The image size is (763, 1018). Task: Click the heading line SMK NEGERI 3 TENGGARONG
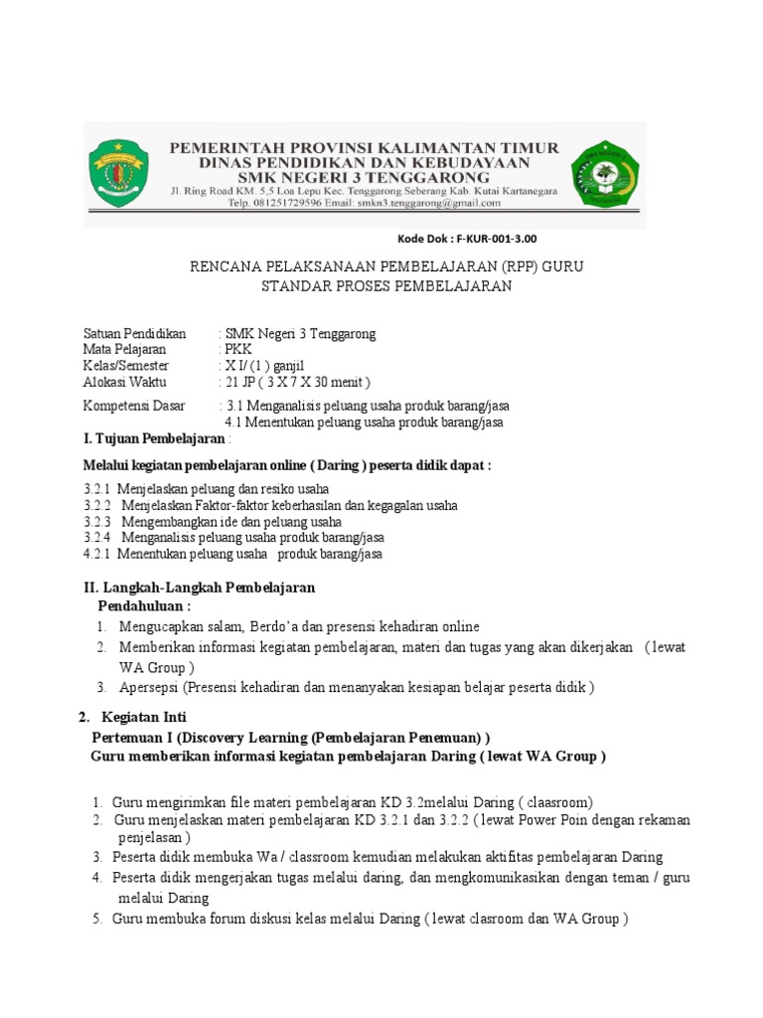click(365, 176)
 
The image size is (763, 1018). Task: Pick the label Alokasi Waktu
click(125, 382)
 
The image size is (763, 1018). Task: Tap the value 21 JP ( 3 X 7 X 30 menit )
click(297, 382)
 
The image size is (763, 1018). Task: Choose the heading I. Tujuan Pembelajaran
click(155, 438)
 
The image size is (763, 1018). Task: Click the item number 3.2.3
click(97, 521)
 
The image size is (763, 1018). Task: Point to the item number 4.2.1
click(97, 554)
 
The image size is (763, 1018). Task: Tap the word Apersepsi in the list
click(151, 687)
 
